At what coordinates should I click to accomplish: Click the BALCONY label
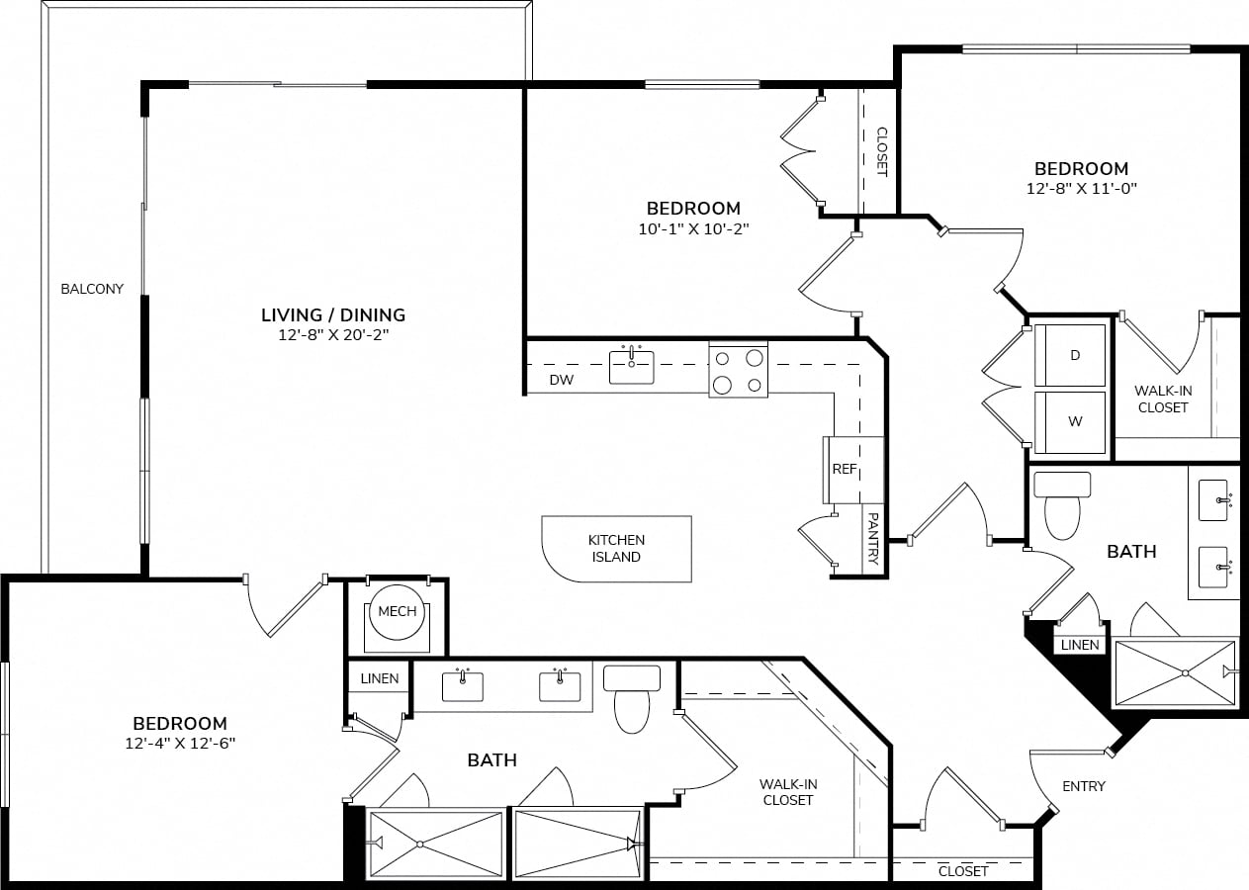pos(92,289)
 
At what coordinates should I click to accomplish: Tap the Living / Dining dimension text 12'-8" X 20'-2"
pos(333,334)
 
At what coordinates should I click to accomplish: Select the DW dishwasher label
pos(562,380)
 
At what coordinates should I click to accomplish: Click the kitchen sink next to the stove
pos(631,367)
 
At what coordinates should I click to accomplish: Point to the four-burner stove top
pos(739,370)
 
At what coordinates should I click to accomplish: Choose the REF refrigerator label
pos(845,469)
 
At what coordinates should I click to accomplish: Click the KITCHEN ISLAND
pos(617,549)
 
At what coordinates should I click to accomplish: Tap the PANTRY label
pos(873,539)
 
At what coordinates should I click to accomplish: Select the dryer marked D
pos(1070,355)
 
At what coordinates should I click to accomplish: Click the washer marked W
pos(1070,422)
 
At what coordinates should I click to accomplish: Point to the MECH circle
pos(397,612)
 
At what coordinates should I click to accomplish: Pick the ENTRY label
pos(1084,786)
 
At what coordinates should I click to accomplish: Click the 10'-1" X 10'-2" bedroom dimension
pos(693,228)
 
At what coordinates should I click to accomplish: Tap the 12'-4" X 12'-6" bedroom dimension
pos(180,744)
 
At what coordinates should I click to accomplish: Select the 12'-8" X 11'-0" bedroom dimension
pos(1081,189)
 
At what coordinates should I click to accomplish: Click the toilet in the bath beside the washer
pos(1062,505)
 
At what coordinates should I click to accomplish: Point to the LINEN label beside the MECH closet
pos(379,678)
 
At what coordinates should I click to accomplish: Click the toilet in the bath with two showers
pos(632,699)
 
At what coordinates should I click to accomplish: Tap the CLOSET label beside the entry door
pos(963,871)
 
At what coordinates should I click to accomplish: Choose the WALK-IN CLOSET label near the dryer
pos(1163,400)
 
